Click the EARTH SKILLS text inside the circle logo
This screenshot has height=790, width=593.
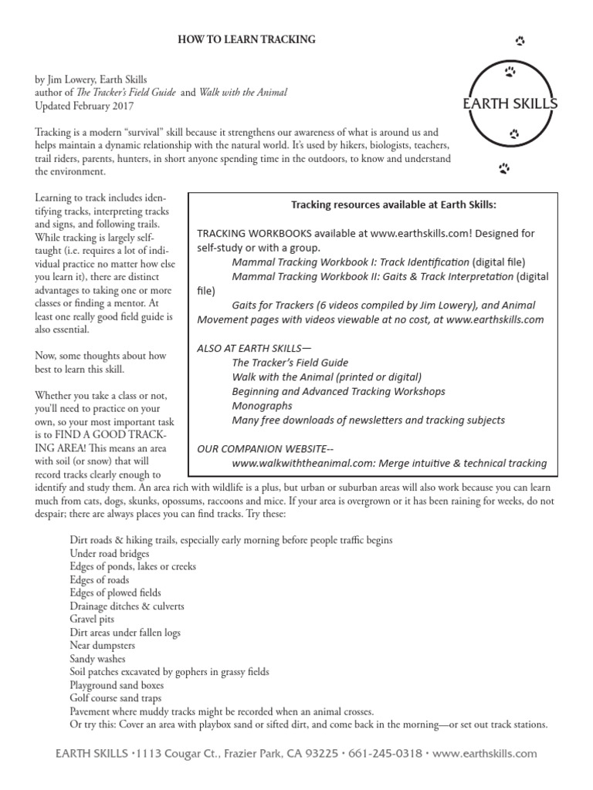(511, 104)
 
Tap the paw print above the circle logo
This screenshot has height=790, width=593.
(519, 40)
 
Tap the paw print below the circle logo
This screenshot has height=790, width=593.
(503, 167)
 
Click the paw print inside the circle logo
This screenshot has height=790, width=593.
(510, 73)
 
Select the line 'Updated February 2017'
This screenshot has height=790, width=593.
(83, 106)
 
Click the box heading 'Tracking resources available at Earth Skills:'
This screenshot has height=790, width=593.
(394, 204)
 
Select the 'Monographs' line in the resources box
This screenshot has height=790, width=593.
(262, 405)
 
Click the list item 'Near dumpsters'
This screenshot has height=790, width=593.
(102, 645)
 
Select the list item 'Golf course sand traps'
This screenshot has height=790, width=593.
(116, 697)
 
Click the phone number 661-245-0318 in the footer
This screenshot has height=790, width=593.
(378, 754)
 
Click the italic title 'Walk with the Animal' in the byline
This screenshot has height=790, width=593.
(242, 93)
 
